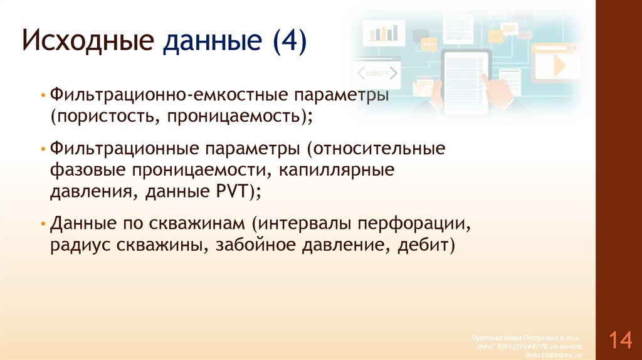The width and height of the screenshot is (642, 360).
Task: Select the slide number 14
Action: pyautogui.click(x=619, y=341)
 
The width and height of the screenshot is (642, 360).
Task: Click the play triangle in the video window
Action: pyautogui.click(x=558, y=66)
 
